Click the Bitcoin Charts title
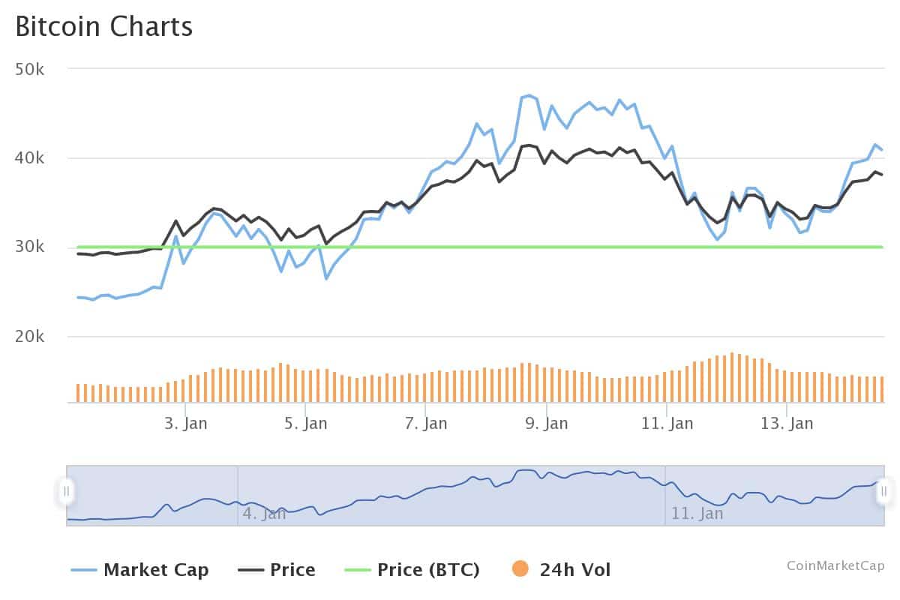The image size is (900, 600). tap(104, 26)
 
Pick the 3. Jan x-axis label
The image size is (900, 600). tap(185, 424)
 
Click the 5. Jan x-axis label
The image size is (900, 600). tap(305, 424)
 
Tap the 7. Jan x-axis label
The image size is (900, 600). tap(425, 424)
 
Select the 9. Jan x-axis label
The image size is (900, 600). tap(546, 424)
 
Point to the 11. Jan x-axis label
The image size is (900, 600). tap(667, 424)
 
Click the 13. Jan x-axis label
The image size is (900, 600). tap(787, 424)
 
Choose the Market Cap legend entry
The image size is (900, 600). tap(156, 570)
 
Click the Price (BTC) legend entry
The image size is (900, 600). tap(428, 570)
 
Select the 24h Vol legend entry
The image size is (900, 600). tap(575, 570)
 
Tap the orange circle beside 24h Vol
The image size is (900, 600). tap(520, 569)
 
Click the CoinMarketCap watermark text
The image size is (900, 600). tap(835, 565)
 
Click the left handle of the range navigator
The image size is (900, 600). tap(67, 491)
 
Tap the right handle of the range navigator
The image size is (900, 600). tap(884, 491)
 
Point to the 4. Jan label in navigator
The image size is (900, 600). tap(264, 514)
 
